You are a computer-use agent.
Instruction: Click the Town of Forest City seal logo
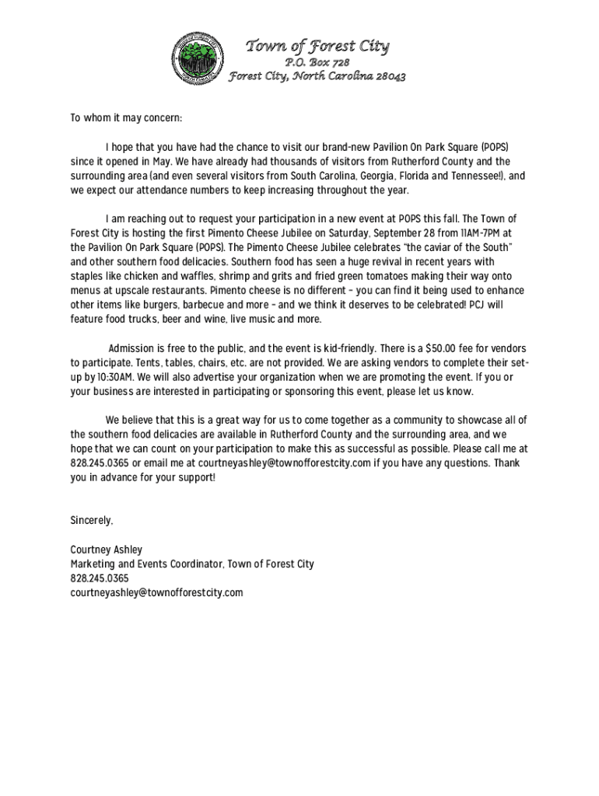coord(197,57)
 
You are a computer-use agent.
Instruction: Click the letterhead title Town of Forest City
coord(317,47)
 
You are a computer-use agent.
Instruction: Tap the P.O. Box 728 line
coord(317,62)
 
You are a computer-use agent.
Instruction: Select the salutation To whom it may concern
coord(126,118)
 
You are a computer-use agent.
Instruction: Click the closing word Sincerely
coord(92,519)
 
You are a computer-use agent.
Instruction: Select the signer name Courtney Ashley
coord(107,550)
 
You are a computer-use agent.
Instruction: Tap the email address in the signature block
coord(156,592)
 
